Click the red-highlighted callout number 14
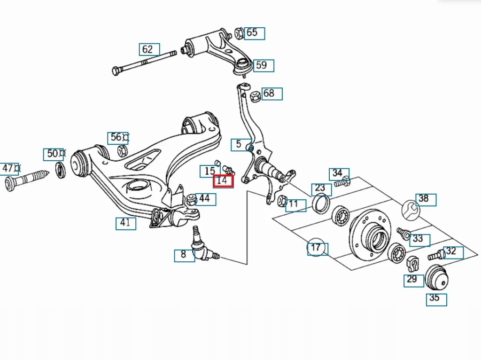click(x=223, y=181)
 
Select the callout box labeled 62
click(x=149, y=49)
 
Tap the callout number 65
click(x=254, y=33)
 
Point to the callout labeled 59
click(x=263, y=65)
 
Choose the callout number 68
click(x=271, y=94)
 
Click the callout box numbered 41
click(x=126, y=223)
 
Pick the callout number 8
click(x=184, y=255)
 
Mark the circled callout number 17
click(x=316, y=247)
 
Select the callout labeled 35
click(x=436, y=298)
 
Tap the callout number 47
click(x=8, y=168)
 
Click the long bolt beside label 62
click(x=144, y=62)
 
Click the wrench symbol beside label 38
click(x=411, y=209)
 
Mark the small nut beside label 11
click(x=281, y=201)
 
